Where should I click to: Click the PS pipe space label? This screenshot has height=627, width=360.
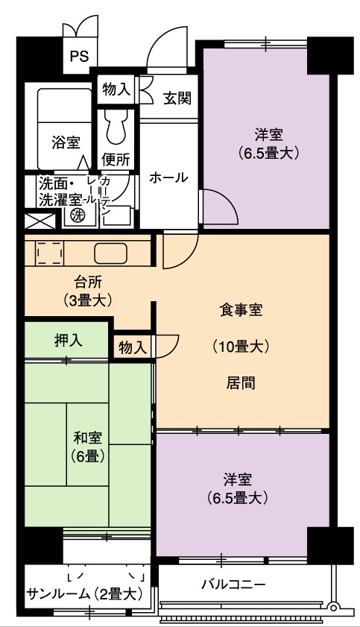tap(80, 56)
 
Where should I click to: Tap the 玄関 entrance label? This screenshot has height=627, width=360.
tap(177, 98)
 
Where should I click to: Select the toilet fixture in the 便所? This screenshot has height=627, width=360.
tap(116, 128)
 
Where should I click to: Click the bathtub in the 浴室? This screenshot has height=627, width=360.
tap(65, 129)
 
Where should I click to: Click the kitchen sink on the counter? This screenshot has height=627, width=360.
tap(110, 253)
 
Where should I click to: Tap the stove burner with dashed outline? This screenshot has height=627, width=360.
tap(49, 253)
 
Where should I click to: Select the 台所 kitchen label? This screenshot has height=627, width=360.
tap(88, 283)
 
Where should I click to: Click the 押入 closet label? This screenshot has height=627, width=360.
tap(69, 340)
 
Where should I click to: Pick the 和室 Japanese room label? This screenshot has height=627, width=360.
tap(87, 438)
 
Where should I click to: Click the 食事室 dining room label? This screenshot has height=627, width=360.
tap(241, 310)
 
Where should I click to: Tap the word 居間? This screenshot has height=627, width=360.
tap(241, 383)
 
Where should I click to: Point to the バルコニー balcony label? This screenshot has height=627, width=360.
tap(233, 585)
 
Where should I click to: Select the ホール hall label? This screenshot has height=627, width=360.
tap(168, 177)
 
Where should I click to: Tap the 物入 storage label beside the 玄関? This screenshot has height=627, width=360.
tap(116, 89)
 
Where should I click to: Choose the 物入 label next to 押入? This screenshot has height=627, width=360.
tap(132, 347)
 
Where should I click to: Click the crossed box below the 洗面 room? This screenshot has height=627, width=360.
tap(40, 221)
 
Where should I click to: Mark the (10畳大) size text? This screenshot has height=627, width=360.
tap(241, 346)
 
